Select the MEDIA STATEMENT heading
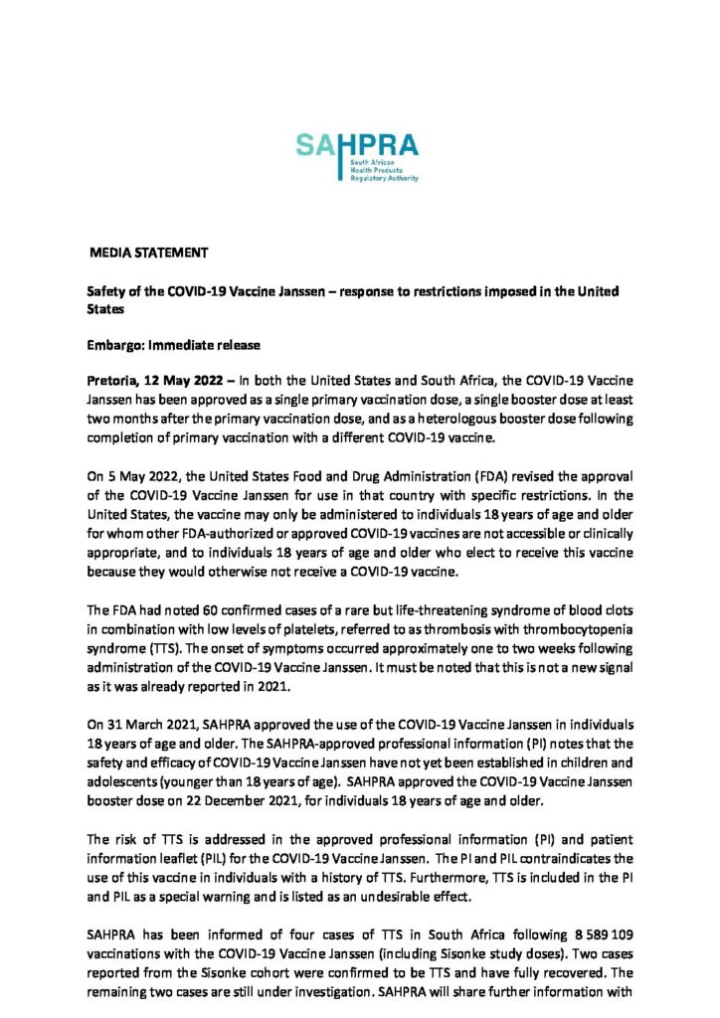point(149,254)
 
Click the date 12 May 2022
point(184,383)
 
